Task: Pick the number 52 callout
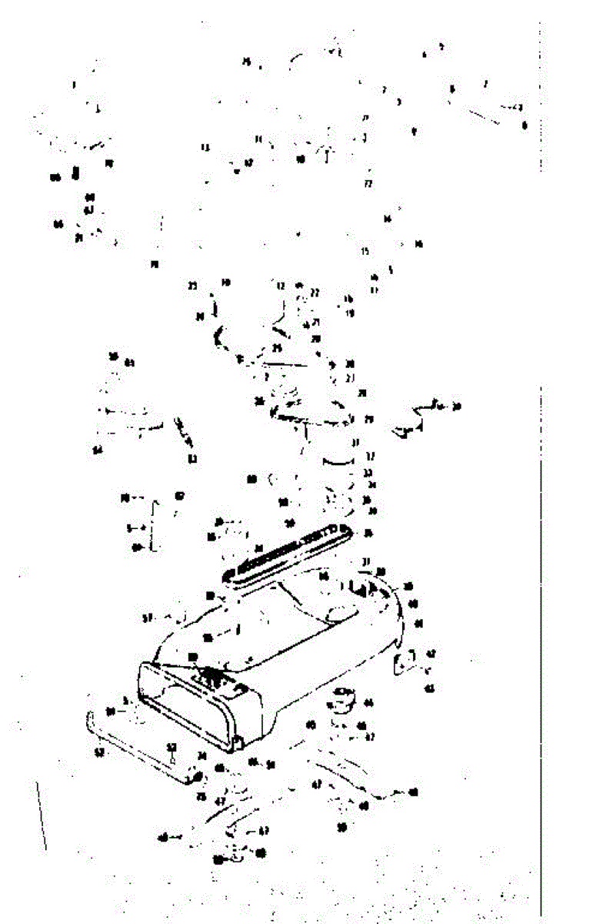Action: tap(171, 747)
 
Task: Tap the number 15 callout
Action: tap(365, 251)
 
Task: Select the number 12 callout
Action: tap(281, 285)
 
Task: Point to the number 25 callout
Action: tap(277, 348)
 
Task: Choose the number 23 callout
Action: tap(192, 286)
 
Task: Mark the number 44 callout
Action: tap(368, 702)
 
